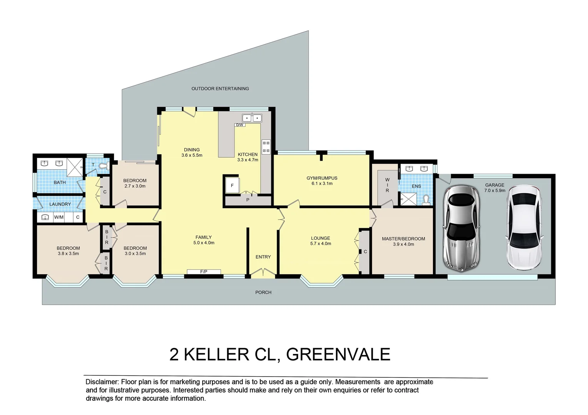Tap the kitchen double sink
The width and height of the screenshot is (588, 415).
(x=252, y=118)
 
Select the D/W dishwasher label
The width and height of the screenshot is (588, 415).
(x=240, y=125)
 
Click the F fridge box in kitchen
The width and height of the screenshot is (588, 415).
(x=232, y=185)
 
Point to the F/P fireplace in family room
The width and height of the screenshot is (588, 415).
(x=204, y=272)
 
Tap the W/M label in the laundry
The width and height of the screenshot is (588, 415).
(x=59, y=217)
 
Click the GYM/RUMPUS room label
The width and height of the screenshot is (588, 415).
(x=322, y=178)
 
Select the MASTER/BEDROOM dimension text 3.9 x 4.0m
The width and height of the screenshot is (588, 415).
(x=403, y=244)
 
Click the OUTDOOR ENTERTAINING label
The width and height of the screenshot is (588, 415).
(x=220, y=89)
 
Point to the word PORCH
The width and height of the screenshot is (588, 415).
(x=263, y=292)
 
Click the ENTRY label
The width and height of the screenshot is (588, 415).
(x=263, y=257)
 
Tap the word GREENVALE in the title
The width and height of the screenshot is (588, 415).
(x=338, y=354)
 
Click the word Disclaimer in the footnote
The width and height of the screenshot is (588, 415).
(x=102, y=382)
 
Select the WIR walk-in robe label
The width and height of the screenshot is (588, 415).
(x=387, y=185)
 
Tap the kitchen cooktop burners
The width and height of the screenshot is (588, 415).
(x=266, y=146)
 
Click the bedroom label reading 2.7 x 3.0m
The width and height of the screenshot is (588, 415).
(x=135, y=186)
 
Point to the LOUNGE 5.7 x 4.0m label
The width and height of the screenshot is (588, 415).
(x=321, y=241)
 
